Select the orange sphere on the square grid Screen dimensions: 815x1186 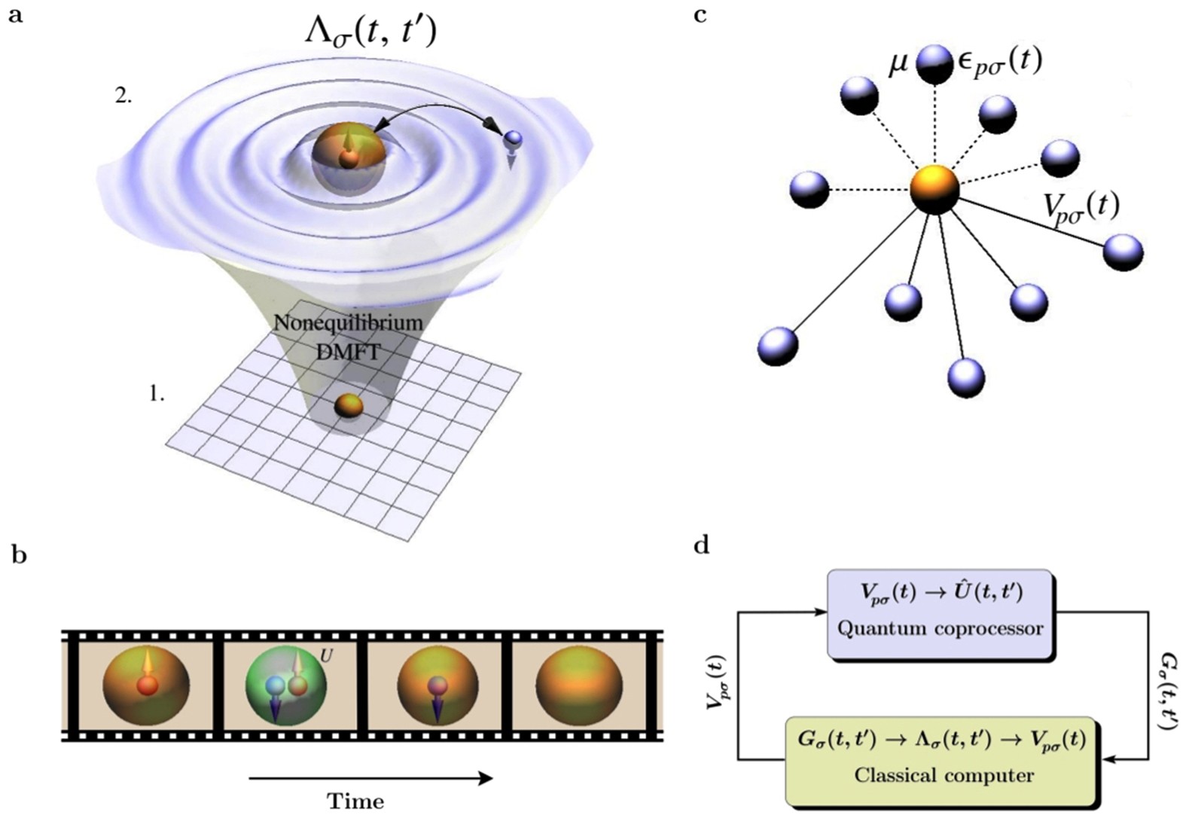pyautogui.click(x=349, y=405)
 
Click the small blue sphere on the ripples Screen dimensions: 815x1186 pyautogui.click(x=513, y=138)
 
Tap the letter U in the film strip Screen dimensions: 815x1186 pyautogui.click(x=326, y=656)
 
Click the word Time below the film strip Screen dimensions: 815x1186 pyautogui.click(x=355, y=800)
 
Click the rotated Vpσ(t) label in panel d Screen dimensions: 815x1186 pyautogui.click(x=715, y=682)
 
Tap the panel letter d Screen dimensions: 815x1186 pyautogui.click(x=702, y=545)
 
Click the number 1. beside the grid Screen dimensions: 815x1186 pyautogui.click(x=157, y=394)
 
